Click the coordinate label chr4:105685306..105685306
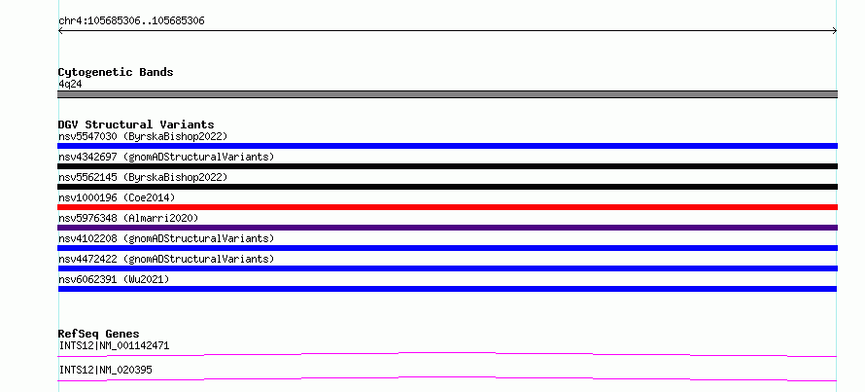pyautogui.click(x=131, y=21)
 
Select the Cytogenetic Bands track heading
pyautogui.click(x=116, y=72)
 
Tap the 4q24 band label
pyautogui.click(x=71, y=85)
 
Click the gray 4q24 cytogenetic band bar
pyautogui.click(x=447, y=94)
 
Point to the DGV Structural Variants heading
pyautogui.click(x=136, y=125)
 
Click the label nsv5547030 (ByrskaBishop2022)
pyautogui.click(x=143, y=136)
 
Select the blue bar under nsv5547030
pyautogui.click(x=447, y=146)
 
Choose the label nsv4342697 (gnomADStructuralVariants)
pyautogui.click(x=166, y=157)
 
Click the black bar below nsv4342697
pyautogui.click(x=447, y=166)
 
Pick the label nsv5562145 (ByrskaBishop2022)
pyautogui.click(x=143, y=177)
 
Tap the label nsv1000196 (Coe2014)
pyautogui.click(x=117, y=197)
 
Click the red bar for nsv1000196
pyautogui.click(x=447, y=207)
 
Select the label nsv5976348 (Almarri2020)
pyautogui.click(x=128, y=218)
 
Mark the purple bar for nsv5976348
pyautogui.click(x=447, y=228)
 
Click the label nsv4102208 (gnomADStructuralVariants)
pyautogui.click(x=166, y=238)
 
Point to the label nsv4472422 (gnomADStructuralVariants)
pyautogui.click(x=166, y=259)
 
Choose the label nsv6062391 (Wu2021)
pyautogui.click(x=114, y=279)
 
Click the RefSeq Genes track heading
pyautogui.click(x=99, y=334)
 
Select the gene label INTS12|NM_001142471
pyautogui.click(x=114, y=346)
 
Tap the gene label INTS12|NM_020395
pyautogui.click(x=105, y=370)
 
